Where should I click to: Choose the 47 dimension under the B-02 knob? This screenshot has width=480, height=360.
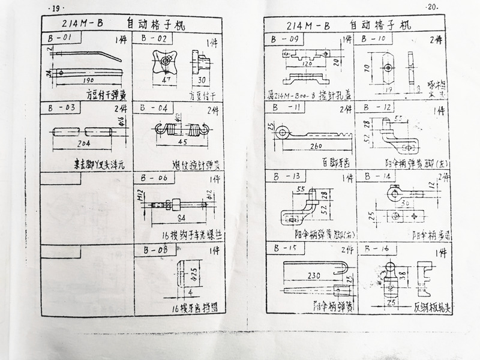click(163, 78)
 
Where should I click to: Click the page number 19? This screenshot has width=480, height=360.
click(55, 8)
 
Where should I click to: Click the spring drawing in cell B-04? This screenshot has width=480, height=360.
click(182, 128)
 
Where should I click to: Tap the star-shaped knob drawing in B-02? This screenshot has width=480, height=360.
click(161, 60)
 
